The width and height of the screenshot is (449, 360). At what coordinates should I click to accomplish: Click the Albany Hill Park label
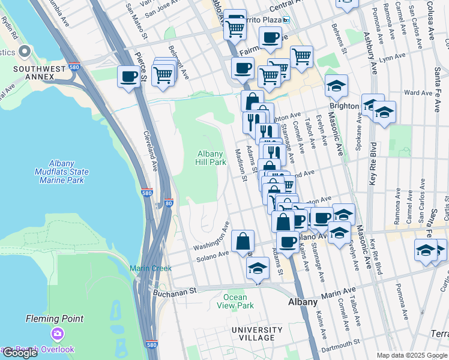click(x=211, y=158)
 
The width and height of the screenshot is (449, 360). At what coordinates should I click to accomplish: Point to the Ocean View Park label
click(x=235, y=301)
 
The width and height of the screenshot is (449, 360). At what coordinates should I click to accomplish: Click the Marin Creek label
click(x=151, y=268)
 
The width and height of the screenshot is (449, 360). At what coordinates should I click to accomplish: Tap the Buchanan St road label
click(x=175, y=291)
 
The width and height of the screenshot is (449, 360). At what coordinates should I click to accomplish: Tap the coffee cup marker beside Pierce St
click(x=128, y=77)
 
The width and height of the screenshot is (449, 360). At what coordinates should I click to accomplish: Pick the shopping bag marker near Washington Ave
click(x=243, y=242)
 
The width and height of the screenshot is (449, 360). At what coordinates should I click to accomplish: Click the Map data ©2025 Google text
click(x=411, y=355)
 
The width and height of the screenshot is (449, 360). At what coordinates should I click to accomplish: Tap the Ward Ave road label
click(x=418, y=93)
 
